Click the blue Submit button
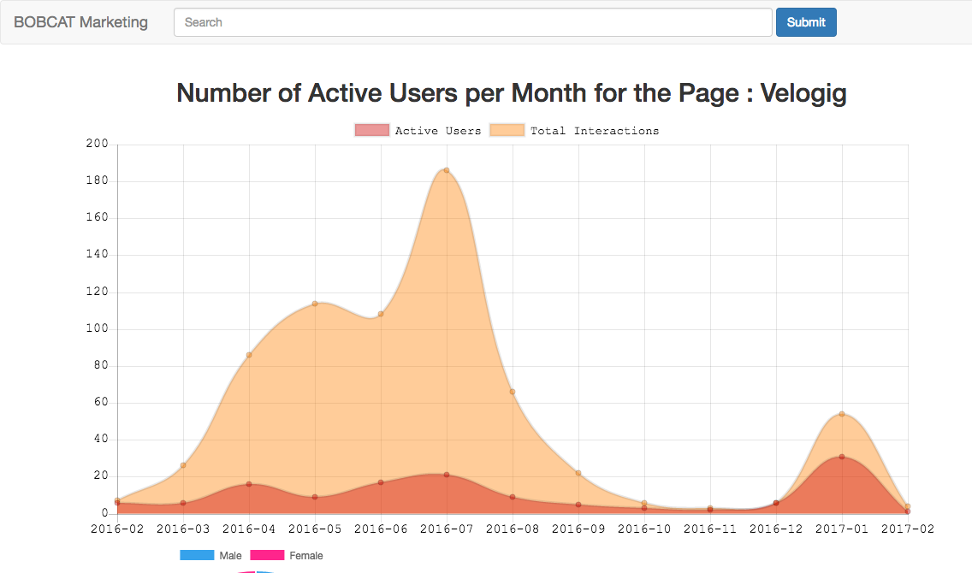point(805,22)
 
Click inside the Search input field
point(472,22)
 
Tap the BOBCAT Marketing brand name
point(80,22)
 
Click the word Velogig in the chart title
point(803,93)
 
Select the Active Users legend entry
point(419,131)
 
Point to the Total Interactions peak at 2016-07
point(447,170)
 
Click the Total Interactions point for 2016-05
point(315,304)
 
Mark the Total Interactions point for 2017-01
point(842,414)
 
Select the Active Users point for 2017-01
point(842,457)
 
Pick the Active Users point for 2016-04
point(249,484)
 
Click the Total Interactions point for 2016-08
point(513,392)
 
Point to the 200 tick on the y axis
point(97,144)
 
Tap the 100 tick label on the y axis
point(97,328)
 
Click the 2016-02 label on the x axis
point(117,529)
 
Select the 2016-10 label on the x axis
point(644,529)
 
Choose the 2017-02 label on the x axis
point(908,529)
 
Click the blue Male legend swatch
point(197,555)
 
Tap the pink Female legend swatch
point(267,555)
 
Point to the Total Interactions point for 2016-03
point(183,465)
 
